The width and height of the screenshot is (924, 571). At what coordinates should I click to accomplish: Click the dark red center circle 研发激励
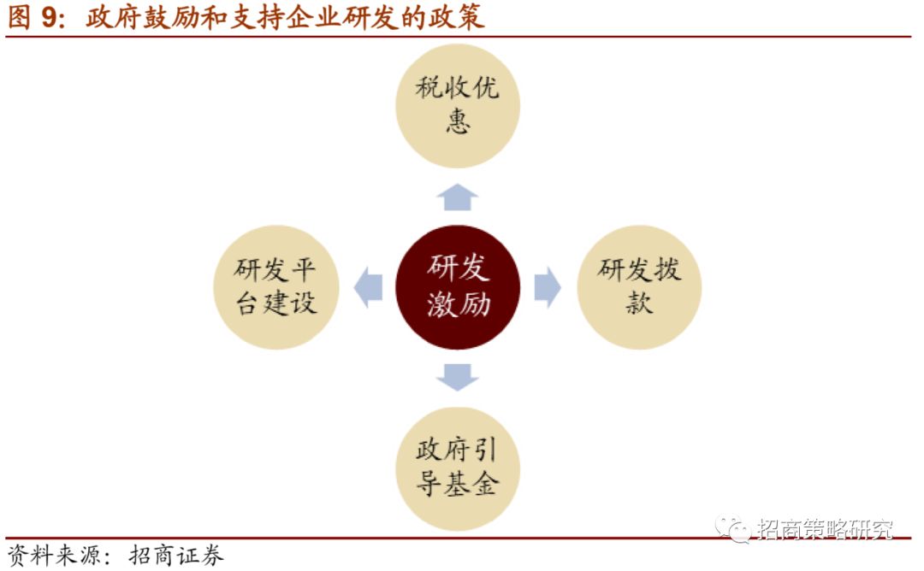(x=458, y=287)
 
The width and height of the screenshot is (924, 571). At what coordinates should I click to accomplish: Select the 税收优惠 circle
(x=458, y=105)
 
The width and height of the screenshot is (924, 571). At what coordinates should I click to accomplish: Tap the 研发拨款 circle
(x=639, y=287)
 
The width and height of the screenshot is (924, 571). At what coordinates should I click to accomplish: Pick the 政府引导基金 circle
(x=458, y=468)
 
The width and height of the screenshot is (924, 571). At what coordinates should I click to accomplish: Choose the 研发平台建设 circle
(x=275, y=287)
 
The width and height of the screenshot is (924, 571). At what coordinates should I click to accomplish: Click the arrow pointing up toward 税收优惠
(x=458, y=197)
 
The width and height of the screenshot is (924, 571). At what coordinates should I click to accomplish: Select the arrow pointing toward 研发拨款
(x=548, y=287)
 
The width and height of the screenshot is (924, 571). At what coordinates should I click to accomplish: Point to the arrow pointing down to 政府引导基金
(x=458, y=377)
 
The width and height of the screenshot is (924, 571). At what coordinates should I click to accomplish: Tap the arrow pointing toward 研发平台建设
(x=369, y=287)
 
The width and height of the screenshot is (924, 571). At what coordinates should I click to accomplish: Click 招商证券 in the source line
(x=176, y=556)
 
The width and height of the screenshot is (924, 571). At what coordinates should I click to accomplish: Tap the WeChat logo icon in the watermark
(x=734, y=528)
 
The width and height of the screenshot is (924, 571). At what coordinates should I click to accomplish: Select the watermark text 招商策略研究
(x=825, y=529)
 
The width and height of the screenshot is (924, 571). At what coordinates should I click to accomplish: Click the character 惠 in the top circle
(x=458, y=122)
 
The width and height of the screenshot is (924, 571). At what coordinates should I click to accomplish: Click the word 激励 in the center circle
(x=458, y=304)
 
